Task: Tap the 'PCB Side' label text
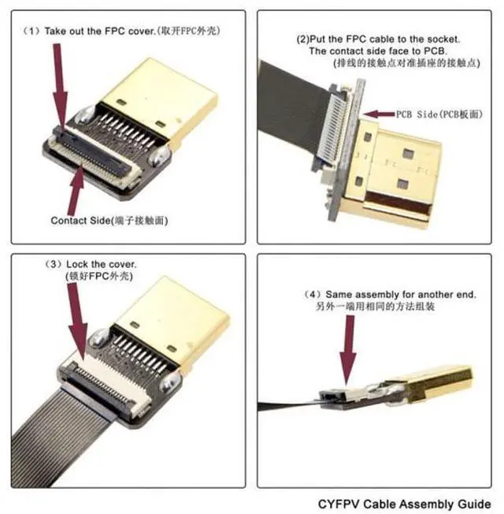(x=412, y=114)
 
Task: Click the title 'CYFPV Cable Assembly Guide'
(x=404, y=502)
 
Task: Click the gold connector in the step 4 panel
(x=438, y=385)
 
